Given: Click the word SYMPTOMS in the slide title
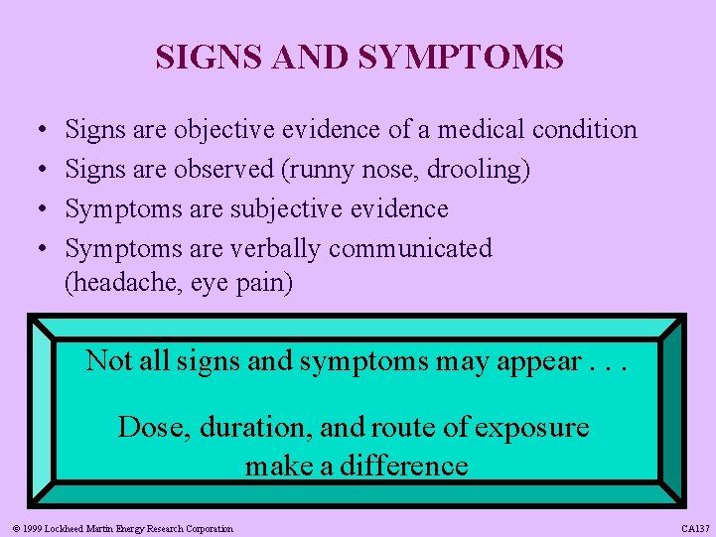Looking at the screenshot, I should pyautogui.click(x=461, y=57).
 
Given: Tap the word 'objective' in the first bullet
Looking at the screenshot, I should pyautogui.click(x=224, y=129).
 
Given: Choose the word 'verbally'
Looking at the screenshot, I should pyautogui.click(x=277, y=248).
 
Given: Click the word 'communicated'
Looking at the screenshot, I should pyautogui.click(x=410, y=248).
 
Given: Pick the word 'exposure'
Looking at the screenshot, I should pyautogui.click(x=531, y=427).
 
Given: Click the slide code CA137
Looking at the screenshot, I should pyautogui.click(x=694, y=529).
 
